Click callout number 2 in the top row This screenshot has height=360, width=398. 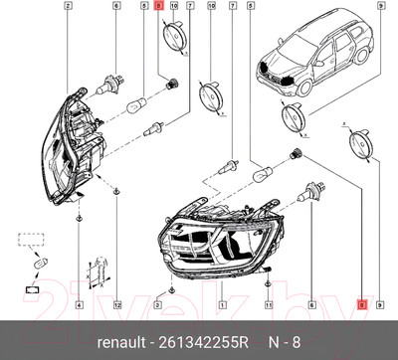(x=68, y=7)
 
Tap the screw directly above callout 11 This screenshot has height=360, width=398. (x=269, y=282)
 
